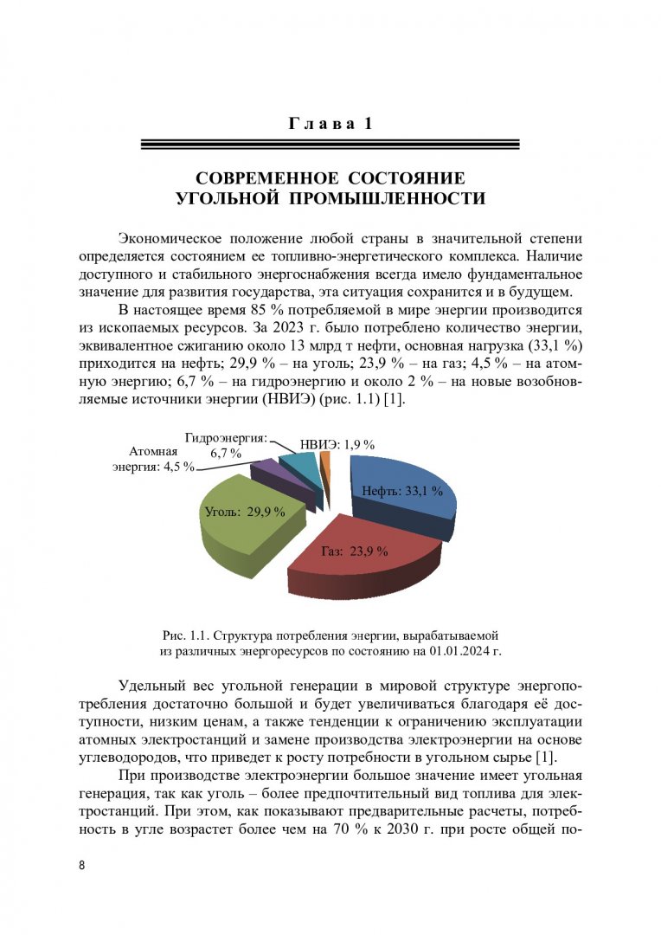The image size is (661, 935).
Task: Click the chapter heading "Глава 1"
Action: coord(330,124)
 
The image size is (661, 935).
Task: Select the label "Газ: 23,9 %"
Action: coord(355,551)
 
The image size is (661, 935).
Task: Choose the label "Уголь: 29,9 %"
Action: coord(244,512)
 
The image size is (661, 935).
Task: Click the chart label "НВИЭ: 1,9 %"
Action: coord(337,444)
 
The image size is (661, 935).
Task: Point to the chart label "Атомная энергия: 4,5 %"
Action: coord(154,459)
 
